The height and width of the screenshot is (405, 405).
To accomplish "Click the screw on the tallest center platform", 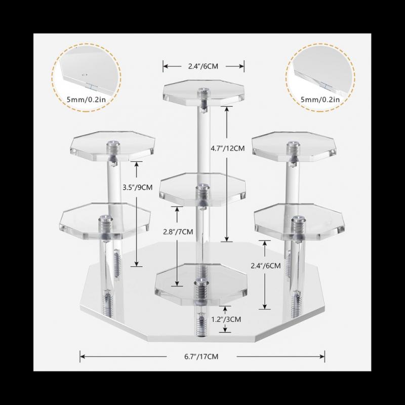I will point(204,92).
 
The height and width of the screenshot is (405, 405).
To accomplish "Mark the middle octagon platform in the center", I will point(202,189).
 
